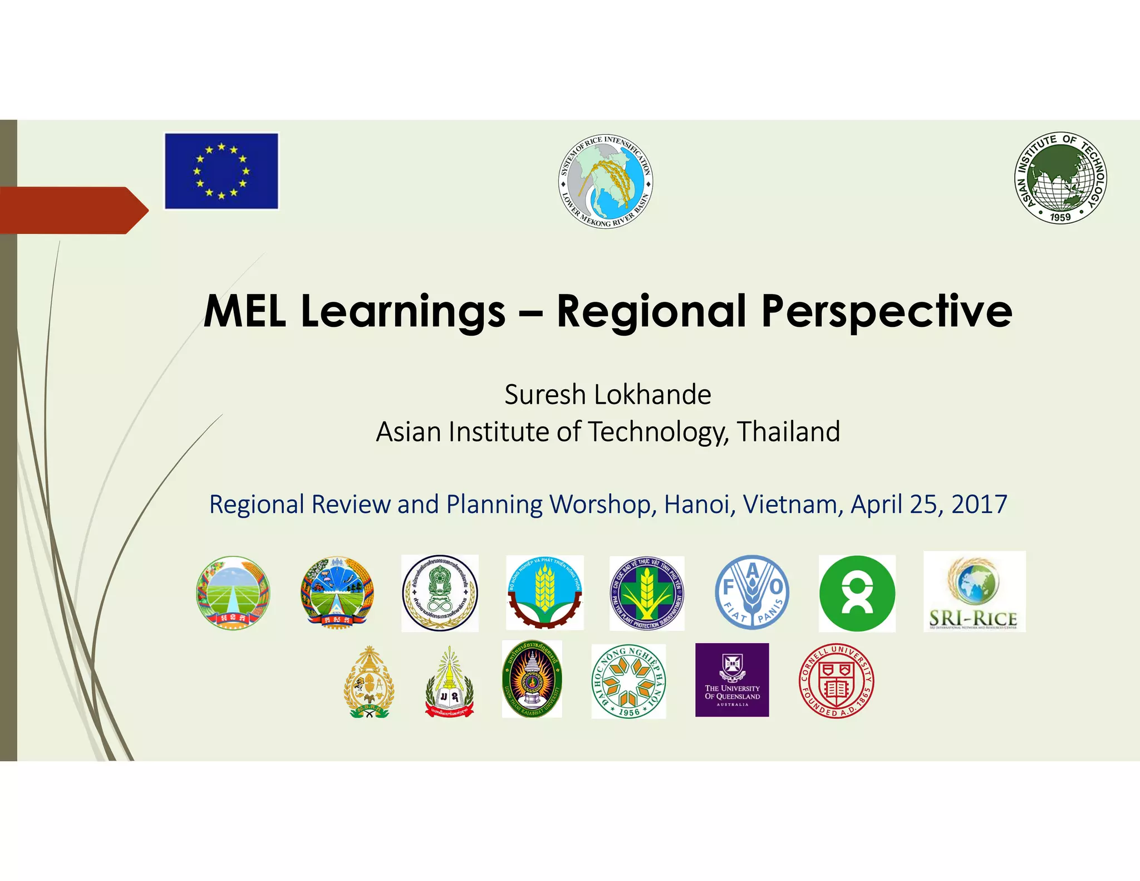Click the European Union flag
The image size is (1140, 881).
click(221, 171)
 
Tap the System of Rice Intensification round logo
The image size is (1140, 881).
click(606, 182)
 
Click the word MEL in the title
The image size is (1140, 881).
click(245, 311)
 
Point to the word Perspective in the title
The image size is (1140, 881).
click(886, 312)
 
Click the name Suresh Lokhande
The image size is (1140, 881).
click(607, 395)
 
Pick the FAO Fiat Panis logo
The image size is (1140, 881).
click(751, 593)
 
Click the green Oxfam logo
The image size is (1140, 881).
click(857, 593)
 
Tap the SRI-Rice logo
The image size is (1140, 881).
click(974, 592)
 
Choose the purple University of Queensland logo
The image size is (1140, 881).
click(732, 680)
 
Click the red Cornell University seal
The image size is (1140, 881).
click(836, 681)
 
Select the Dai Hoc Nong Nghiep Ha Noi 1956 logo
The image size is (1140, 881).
click(628, 681)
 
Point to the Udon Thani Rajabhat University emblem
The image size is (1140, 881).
click(532, 679)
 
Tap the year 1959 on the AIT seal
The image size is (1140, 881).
click(1060, 217)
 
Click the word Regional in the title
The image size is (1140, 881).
click(651, 311)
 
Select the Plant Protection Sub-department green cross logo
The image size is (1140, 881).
click(646, 593)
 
